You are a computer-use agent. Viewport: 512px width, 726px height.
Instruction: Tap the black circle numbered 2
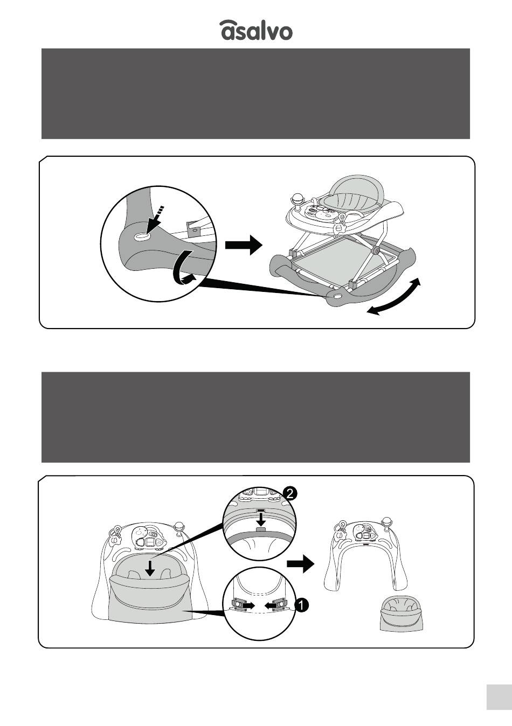[289, 494]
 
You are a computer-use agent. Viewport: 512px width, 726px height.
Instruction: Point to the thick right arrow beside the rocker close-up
[244, 245]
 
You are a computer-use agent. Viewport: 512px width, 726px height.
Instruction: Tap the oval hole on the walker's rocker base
[337, 296]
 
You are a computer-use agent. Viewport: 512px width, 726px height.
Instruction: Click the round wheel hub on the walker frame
[376, 251]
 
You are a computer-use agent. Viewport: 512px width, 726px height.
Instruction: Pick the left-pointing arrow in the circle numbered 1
[270, 605]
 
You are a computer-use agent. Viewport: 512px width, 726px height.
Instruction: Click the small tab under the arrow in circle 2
[261, 529]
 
